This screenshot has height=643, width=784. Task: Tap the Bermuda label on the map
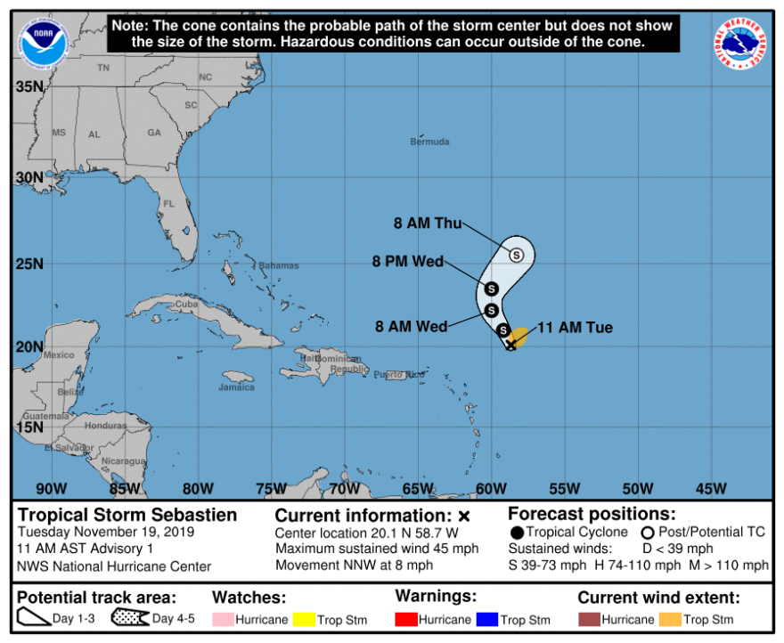pos(429,142)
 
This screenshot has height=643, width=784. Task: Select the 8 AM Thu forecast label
pos(428,224)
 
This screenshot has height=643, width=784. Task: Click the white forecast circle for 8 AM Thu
pos(517,255)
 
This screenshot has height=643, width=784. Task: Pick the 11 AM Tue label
pos(575,328)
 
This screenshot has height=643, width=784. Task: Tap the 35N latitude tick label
pos(29,87)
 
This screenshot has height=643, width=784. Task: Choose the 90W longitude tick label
pos(52,488)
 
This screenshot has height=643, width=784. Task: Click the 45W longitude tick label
pos(710,488)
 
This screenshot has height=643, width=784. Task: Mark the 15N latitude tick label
pos(29,428)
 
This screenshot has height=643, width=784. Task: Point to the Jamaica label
pos(236,387)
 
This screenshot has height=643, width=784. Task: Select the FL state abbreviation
pos(168,204)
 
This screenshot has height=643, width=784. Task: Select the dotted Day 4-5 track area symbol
pos(130,619)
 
